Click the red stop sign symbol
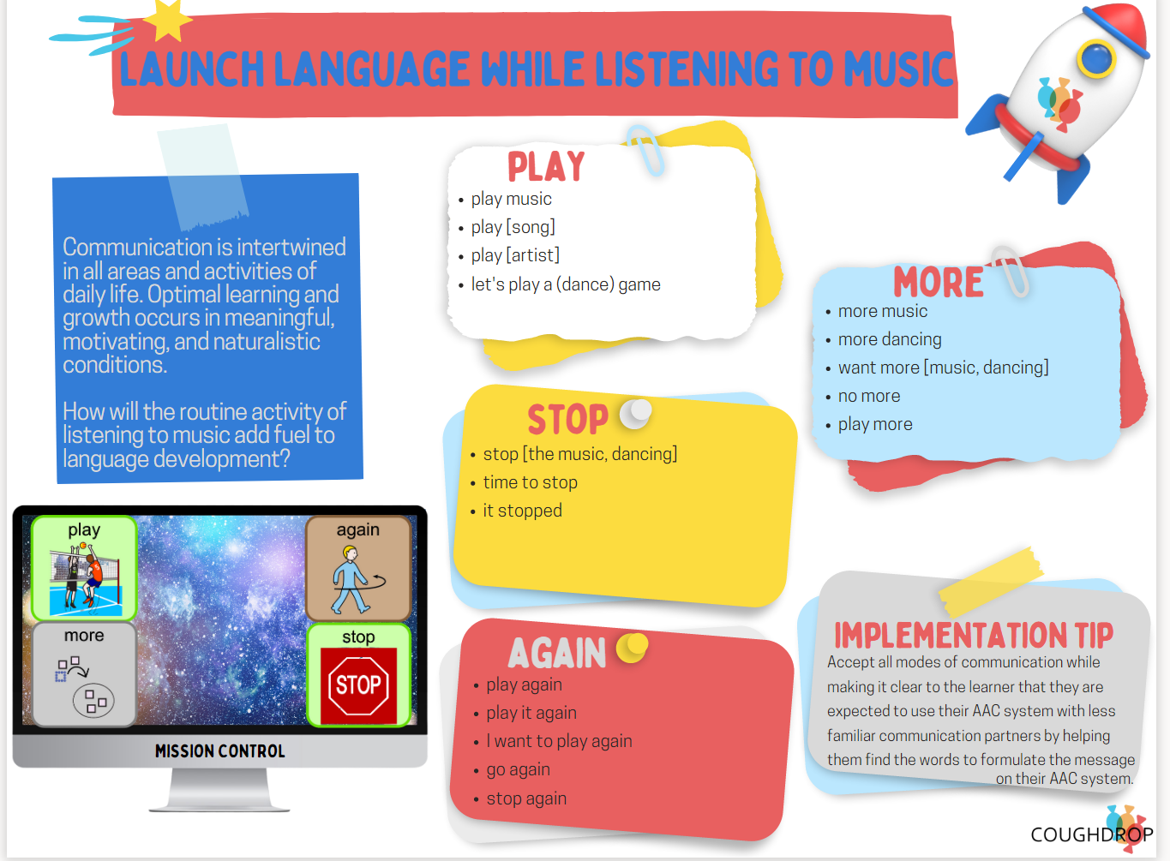point(358,685)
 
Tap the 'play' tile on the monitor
point(84,567)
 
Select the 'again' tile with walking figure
point(358,568)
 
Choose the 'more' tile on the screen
point(84,674)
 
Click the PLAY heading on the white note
point(546,166)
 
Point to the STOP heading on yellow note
point(567,420)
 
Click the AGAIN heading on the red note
point(557,654)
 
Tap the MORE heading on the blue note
point(939,282)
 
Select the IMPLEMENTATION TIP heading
point(974,635)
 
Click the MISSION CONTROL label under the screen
point(220,751)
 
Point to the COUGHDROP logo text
point(1091,834)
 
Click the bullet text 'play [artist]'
point(515,255)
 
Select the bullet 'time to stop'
point(530,482)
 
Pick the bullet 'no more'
point(869,396)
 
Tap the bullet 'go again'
point(518,769)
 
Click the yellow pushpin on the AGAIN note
point(633,647)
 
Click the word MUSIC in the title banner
point(898,69)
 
